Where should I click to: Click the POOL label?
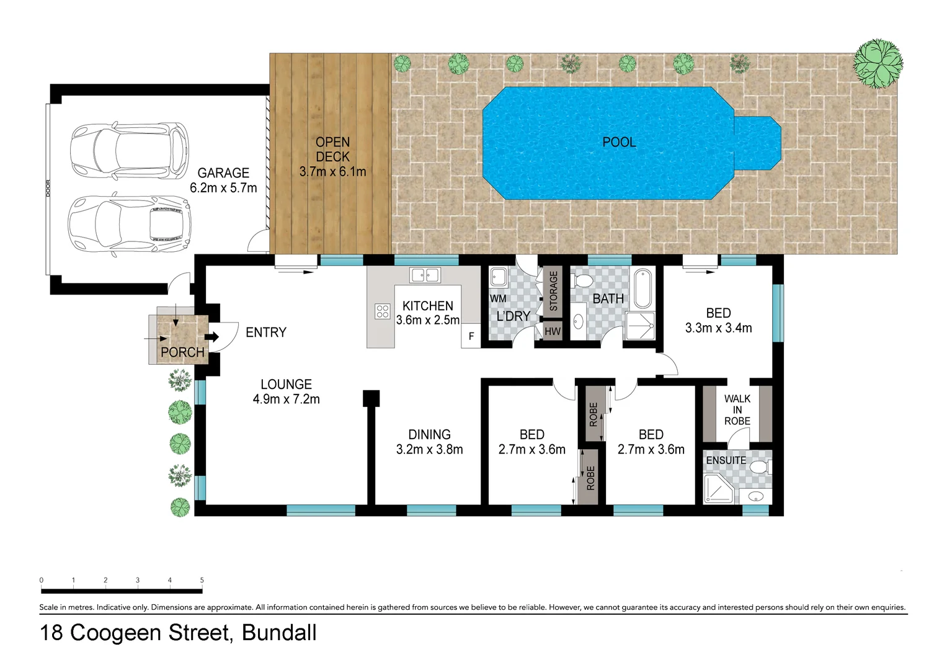coord(619,142)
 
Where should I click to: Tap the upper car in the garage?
coord(129,151)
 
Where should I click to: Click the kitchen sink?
coord(425,275)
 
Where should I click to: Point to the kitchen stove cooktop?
coord(382,311)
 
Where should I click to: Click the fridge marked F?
coord(471,336)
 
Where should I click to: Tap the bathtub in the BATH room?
coord(643,288)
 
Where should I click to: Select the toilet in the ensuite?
coord(760,466)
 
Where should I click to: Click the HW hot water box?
coord(552,331)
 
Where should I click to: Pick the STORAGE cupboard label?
coord(553,291)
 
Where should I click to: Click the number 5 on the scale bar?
coord(202,580)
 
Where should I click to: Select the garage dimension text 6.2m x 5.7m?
coord(223,188)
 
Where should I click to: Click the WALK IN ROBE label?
coord(737,409)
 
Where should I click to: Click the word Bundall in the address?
coord(279,633)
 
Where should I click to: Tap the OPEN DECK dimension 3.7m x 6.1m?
coord(332,172)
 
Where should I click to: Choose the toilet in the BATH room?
coord(583,281)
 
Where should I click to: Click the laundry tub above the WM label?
coord(499,277)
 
